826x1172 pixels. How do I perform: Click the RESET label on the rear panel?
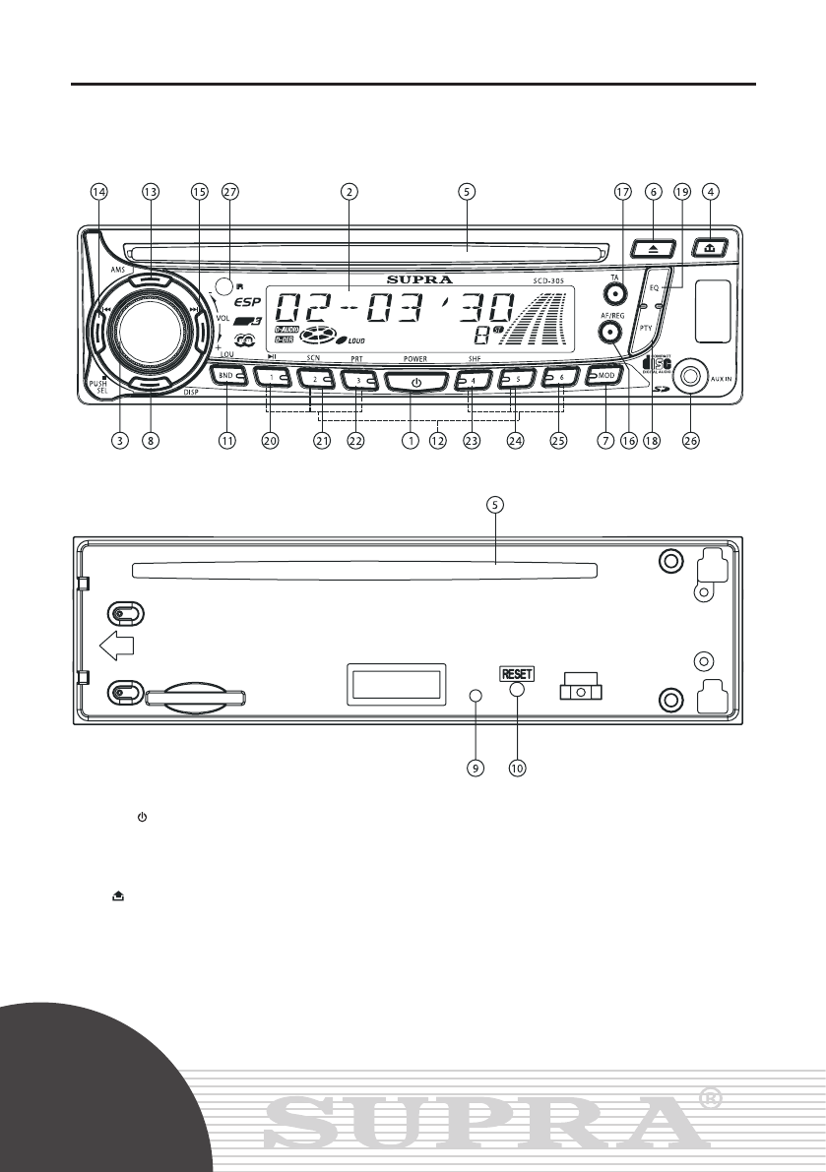click(518, 674)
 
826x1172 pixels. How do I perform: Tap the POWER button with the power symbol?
click(416, 382)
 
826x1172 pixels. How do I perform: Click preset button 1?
click(271, 377)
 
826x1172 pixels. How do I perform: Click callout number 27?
click(231, 193)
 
